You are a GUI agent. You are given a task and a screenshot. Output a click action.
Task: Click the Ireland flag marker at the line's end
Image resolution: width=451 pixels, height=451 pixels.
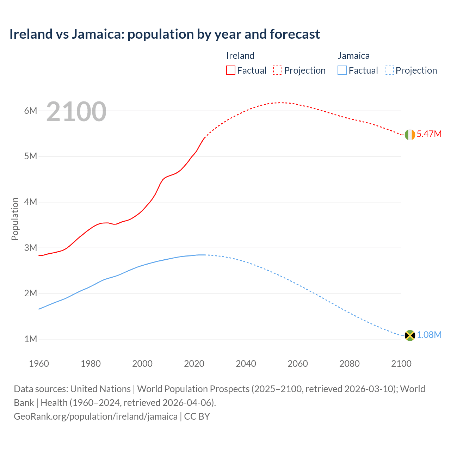410,135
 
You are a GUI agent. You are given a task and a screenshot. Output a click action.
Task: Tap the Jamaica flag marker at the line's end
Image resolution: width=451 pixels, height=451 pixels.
410,335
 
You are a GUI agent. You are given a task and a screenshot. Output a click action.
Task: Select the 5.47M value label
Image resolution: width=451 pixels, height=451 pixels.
429,134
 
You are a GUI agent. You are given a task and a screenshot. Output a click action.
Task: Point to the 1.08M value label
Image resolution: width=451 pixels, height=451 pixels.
429,335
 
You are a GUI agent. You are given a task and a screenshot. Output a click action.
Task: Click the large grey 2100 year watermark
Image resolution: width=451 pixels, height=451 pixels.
76,112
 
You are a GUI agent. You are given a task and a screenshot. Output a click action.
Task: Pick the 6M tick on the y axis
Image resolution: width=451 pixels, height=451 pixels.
31,111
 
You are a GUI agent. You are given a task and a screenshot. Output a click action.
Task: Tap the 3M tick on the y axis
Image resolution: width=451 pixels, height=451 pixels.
31,248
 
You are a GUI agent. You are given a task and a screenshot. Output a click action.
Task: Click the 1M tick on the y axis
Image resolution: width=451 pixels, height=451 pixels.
31,339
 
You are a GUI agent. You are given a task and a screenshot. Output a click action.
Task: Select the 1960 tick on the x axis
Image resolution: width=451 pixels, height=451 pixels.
39,364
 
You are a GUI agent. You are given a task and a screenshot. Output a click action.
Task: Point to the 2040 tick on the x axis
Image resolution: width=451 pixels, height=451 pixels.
246,364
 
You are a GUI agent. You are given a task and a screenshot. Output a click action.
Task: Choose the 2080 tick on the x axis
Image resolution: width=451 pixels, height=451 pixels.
350,364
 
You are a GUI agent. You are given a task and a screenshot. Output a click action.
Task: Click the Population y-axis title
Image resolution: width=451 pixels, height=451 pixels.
15,219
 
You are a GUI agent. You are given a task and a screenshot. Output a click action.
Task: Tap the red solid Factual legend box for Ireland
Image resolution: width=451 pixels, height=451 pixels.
231,70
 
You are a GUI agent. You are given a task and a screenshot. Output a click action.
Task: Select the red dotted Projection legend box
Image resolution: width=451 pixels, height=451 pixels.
278,70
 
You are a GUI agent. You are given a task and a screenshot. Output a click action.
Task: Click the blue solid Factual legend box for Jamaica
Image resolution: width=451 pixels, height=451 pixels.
342,70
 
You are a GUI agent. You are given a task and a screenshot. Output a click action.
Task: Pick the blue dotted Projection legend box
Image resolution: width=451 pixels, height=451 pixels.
389,70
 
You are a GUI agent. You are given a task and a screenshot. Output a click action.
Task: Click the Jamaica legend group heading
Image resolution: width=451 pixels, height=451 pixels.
353,56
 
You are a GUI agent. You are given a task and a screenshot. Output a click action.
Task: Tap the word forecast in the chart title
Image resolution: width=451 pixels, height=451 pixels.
295,34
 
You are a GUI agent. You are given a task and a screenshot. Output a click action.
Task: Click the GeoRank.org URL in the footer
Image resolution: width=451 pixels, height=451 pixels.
95,416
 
